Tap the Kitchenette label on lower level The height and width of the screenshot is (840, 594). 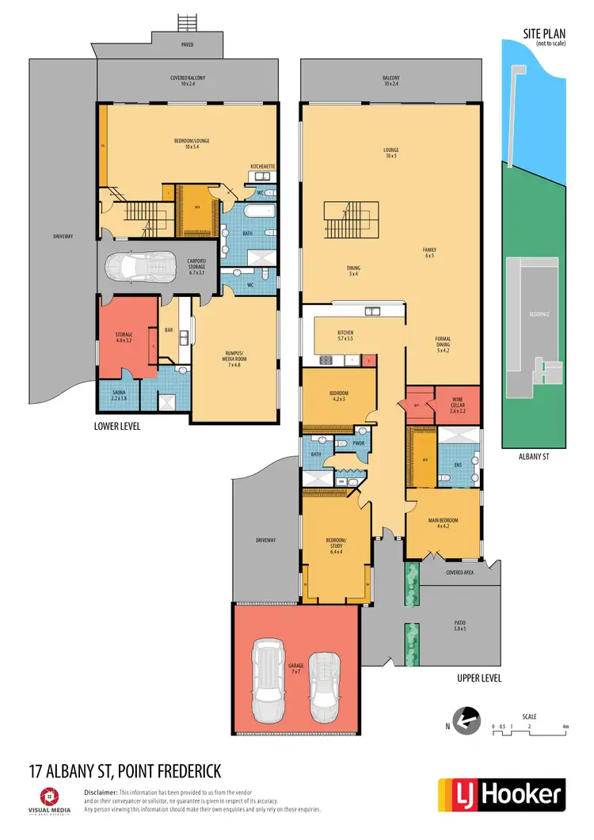(x=262, y=165)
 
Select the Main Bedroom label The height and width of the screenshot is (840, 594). (x=443, y=523)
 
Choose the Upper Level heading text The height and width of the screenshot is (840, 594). (x=479, y=678)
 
